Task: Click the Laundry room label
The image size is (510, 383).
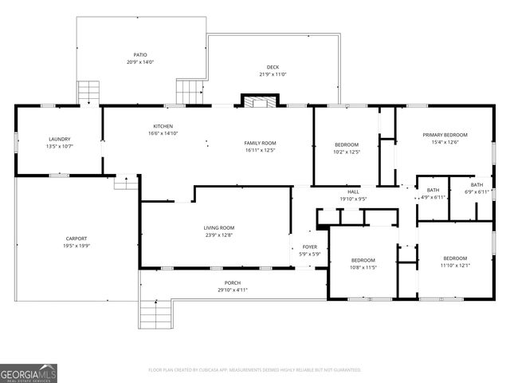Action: click(60, 139)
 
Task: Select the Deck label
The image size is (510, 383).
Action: click(273, 67)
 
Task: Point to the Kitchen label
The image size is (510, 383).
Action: click(163, 126)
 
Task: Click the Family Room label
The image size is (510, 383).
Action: click(260, 143)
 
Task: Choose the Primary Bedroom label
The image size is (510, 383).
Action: click(445, 135)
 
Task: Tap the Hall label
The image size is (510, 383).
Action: click(353, 191)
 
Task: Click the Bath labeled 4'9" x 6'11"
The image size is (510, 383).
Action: click(433, 189)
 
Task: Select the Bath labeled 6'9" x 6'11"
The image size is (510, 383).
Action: click(477, 184)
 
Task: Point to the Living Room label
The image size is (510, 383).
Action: click(218, 228)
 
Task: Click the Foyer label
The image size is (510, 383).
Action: click(310, 247)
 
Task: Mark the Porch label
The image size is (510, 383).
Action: click(233, 282)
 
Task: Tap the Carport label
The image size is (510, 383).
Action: click(76, 239)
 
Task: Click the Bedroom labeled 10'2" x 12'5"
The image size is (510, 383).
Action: click(347, 144)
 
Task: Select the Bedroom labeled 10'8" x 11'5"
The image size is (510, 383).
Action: click(363, 261)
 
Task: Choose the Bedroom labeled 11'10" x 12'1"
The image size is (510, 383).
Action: click(455, 259)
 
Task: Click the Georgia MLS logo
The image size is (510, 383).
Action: click(29, 373)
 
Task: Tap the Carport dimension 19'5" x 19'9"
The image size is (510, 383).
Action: click(76, 246)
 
